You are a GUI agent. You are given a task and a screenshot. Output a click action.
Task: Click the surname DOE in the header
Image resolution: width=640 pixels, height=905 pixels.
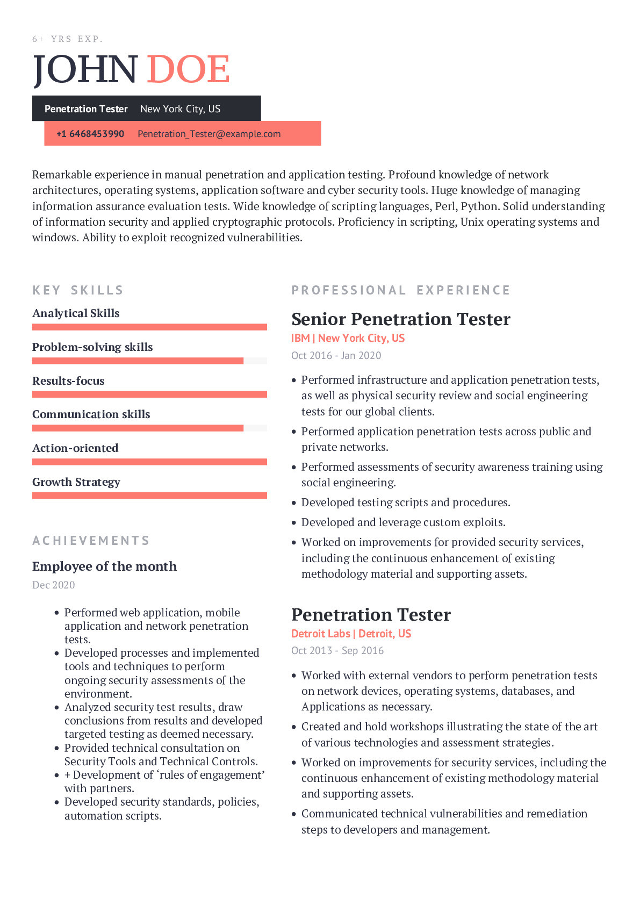point(188,69)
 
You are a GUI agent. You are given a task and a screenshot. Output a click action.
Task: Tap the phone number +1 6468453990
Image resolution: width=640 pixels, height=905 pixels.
point(90,134)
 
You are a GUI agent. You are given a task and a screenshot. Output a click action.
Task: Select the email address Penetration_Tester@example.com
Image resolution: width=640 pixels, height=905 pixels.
point(209,134)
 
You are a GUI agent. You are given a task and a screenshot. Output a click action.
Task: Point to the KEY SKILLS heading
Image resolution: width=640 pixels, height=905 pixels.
point(78,290)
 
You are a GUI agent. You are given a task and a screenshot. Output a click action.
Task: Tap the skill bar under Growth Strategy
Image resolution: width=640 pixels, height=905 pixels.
point(149,495)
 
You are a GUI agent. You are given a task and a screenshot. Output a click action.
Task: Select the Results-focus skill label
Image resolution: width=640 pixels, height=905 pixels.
point(68,381)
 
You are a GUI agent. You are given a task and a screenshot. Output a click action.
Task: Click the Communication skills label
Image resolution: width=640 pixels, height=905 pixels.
point(91,414)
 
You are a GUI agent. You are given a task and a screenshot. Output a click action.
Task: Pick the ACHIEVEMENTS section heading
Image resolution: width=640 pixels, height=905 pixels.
point(91,541)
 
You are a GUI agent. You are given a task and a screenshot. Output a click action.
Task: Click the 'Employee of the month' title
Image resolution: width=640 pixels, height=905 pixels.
point(104,566)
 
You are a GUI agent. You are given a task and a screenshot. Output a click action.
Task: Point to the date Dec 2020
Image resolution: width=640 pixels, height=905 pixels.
point(54,585)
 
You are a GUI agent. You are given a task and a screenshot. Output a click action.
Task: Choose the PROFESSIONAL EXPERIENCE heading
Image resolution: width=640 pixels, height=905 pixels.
point(401,290)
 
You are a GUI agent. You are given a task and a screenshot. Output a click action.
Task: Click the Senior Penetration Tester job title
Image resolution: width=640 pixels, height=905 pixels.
point(401,319)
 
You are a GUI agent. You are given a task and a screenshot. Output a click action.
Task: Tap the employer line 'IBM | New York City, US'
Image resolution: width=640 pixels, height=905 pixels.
point(348,338)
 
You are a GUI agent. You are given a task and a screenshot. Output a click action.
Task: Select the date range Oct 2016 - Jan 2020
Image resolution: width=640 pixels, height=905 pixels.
point(336,355)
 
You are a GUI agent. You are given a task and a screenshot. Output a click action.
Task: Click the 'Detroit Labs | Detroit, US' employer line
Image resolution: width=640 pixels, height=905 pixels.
point(351,634)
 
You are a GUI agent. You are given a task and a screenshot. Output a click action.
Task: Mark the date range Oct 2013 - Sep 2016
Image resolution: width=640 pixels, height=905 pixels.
point(337,650)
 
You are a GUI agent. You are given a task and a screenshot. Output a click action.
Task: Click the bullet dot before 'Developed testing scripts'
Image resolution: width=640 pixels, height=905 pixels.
point(294,503)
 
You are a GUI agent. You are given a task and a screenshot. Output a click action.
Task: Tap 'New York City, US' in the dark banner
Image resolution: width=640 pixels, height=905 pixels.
point(181,109)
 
